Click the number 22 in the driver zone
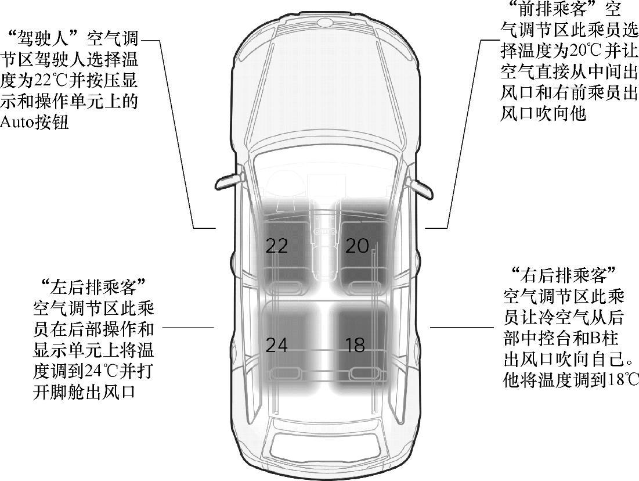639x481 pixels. tap(277, 246)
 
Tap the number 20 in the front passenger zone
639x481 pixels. tap(357, 246)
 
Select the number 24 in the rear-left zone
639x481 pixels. tap(277, 345)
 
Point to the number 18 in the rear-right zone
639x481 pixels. tap(355, 345)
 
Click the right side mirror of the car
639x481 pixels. tap(421, 187)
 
